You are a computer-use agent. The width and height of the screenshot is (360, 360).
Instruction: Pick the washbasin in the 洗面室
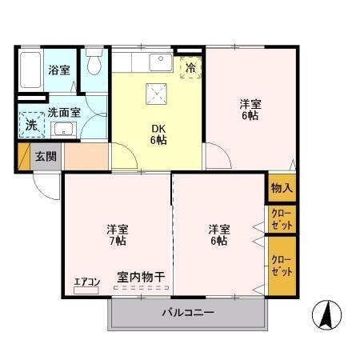[64, 129]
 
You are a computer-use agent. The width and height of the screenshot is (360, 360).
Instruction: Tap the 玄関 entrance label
[45, 156]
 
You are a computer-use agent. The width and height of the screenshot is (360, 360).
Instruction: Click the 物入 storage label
[282, 188]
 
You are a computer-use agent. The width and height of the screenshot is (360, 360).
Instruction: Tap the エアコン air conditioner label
[86, 281]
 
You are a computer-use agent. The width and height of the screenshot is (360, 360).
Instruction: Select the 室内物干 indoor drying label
[141, 277]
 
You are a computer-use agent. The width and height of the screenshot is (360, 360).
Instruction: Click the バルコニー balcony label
[188, 312]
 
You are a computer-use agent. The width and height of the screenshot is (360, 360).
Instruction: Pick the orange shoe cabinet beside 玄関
[86, 156]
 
